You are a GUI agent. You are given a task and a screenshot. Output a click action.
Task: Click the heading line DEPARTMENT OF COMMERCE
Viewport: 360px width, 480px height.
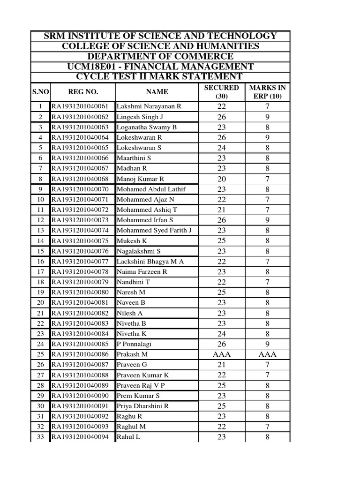[x=160, y=56]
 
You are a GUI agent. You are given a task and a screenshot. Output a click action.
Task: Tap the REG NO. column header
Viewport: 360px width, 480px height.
[x=82, y=92]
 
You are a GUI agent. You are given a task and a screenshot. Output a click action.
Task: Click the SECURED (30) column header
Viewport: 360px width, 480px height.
[x=221, y=92]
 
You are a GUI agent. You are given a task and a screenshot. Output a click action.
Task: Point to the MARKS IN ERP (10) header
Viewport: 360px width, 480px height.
[x=267, y=92]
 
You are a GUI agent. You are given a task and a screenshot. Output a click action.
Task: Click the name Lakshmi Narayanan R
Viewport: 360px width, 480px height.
[x=149, y=106]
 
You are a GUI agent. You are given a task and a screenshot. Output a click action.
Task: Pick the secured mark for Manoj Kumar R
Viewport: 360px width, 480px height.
[x=221, y=179]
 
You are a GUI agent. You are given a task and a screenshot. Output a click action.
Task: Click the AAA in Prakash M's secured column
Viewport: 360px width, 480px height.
[x=221, y=354]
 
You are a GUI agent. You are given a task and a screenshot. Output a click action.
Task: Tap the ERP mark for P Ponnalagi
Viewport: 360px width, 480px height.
[x=267, y=344]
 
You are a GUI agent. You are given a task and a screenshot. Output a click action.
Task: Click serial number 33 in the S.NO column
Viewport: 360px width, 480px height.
[x=40, y=437]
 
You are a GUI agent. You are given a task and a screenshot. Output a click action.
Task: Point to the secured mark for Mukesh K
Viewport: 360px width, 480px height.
[x=221, y=241]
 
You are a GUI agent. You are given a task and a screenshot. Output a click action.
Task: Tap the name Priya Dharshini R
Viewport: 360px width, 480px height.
[x=142, y=406]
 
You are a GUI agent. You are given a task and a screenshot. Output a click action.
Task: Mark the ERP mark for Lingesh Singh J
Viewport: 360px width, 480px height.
[x=267, y=117]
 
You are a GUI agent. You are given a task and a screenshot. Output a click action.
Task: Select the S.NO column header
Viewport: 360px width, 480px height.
[x=40, y=92]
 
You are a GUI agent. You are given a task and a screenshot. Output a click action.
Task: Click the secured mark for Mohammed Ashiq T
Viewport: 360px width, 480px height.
[x=221, y=210]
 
